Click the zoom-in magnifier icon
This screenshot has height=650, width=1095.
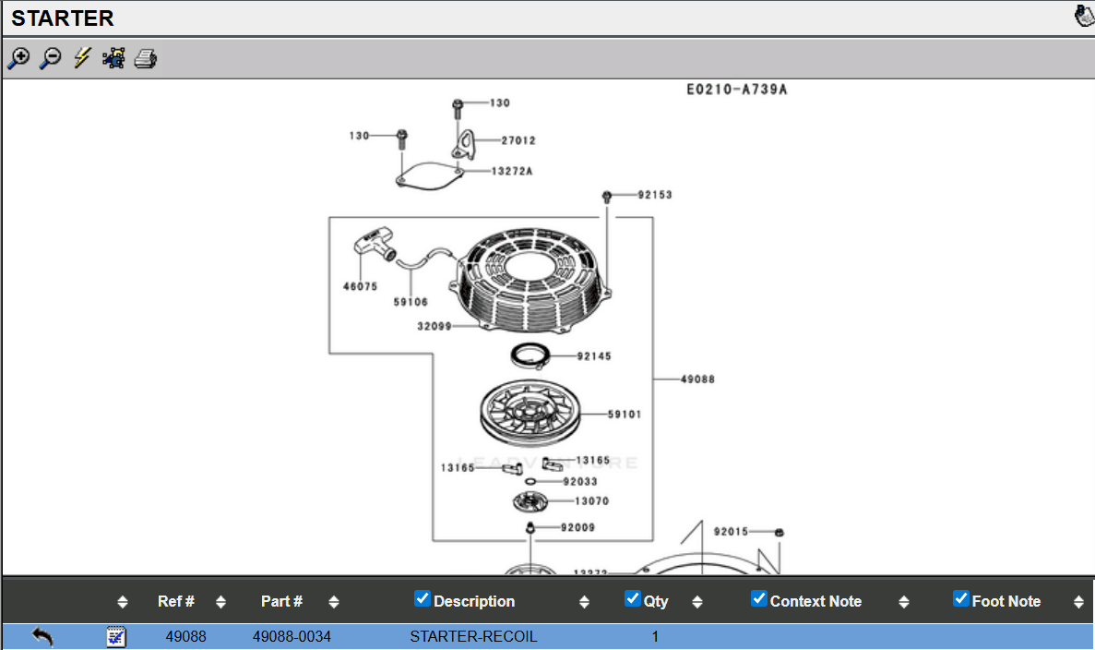(18, 58)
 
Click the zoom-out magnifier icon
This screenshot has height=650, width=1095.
(51, 58)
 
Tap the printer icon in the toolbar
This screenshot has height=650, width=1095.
(146, 59)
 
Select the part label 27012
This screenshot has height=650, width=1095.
(518, 141)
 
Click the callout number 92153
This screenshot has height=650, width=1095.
(655, 195)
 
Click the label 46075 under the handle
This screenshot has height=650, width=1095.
(360, 286)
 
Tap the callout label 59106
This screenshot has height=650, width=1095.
(411, 302)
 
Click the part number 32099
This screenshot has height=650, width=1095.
(434, 326)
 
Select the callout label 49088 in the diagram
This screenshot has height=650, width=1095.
(697, 379)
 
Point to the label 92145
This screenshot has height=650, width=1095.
(594, 356)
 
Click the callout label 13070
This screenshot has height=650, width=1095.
(591, 501)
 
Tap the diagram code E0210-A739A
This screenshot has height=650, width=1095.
(736, 90)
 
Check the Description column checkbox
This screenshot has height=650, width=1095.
(423, 598)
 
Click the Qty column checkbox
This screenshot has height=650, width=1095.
(632, 598)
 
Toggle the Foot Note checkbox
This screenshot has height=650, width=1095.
(960, 598)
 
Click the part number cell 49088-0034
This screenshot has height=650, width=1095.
(292, 636)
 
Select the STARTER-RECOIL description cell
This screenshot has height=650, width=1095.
(473, 636)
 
